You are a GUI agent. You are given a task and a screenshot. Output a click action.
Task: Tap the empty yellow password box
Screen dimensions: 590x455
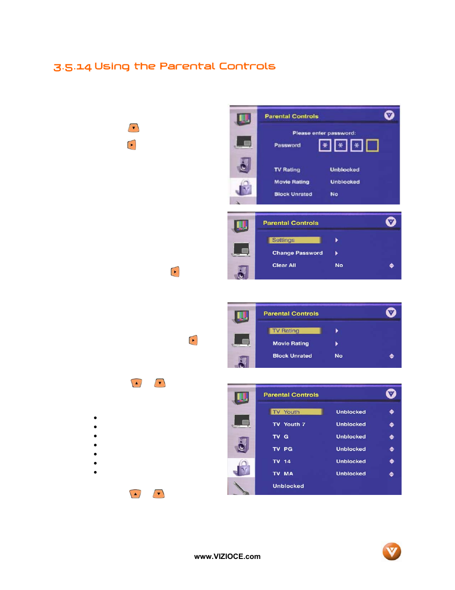tap(372, 145)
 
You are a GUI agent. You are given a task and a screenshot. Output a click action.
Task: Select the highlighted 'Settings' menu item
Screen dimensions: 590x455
tap(294, 240)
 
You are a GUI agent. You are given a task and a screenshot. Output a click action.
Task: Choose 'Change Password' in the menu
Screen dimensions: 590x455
tap(297, 253)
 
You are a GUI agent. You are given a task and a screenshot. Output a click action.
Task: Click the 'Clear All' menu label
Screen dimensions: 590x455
tap(284, 266)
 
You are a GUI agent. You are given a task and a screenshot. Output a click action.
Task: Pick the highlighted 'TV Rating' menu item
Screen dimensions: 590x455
tap(295, 331)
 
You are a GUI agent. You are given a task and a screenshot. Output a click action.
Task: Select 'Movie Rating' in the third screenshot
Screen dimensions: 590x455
tap(290, 343)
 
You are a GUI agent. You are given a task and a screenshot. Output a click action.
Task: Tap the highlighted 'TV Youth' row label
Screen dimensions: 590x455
tap(296, 412)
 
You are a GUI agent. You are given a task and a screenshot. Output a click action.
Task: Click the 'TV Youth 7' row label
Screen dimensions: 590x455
tap(289, 424)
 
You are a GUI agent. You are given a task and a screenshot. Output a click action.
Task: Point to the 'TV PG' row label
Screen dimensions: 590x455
tap(282, 449)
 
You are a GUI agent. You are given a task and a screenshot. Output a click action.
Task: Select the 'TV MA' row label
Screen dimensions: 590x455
tap(283, 474)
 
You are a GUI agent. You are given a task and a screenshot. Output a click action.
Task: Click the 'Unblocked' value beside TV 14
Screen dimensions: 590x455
tap(351, 461)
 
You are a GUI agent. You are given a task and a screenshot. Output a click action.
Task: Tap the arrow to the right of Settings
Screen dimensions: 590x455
tap(337, 240)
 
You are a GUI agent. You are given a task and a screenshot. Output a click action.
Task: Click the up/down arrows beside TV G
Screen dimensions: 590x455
tap(392, 437)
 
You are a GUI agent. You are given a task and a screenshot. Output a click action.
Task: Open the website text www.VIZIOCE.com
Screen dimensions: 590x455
tap(227, 557)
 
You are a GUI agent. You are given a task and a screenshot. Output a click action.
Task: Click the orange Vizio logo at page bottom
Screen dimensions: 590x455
tap(392, 552)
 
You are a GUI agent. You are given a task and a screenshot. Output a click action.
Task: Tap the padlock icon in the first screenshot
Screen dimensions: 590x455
tap(244, 188)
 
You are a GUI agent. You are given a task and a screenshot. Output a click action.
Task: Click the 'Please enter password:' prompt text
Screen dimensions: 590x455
tap(324, 133)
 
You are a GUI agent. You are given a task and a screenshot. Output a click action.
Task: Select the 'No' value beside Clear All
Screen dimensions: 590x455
tap(339, 266)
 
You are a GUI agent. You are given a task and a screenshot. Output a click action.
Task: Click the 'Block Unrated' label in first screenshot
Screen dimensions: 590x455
tap(293, 194)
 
